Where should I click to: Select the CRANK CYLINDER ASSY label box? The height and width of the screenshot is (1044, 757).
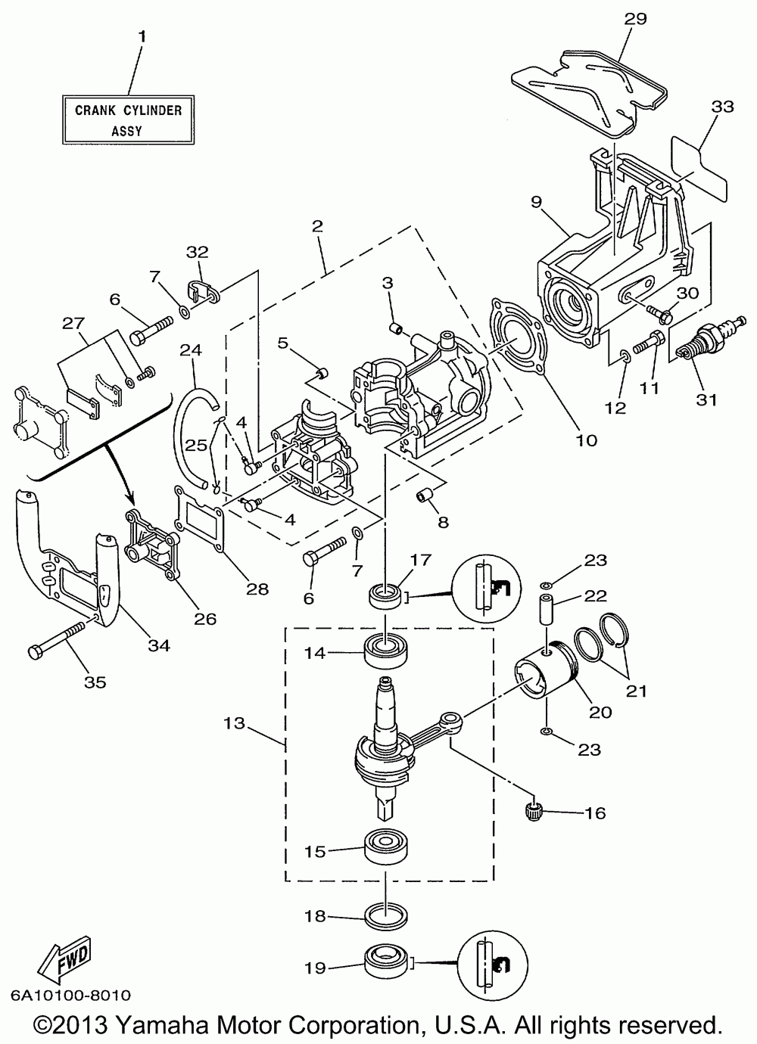(128, 120)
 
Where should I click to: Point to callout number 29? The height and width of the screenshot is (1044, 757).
(635, 19)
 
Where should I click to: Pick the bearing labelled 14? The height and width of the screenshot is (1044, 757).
(386, 651)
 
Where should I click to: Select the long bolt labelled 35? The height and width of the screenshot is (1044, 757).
(59, 639)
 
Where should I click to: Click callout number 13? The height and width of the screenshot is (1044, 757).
(234, 723)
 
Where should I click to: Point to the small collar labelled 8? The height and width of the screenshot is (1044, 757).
(424, 496)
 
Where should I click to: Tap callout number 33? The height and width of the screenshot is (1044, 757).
(722, 107)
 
